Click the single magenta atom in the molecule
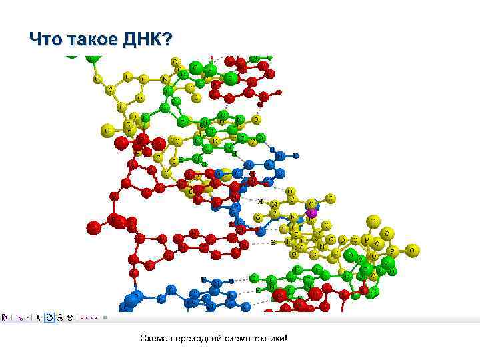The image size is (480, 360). click(311, 212)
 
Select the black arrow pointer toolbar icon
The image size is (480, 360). click(39, 317)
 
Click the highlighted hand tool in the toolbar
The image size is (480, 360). click(49, 317)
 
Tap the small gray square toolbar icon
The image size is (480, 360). click(105, 317)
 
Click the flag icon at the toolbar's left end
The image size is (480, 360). click(4, 317)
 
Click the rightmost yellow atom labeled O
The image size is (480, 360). click(413, 250)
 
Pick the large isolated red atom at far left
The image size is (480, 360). click(94, 227)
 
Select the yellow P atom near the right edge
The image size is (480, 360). click(393, 251)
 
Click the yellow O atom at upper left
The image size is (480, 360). click(97, 79)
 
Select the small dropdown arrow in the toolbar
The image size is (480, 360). click(29, 318)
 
